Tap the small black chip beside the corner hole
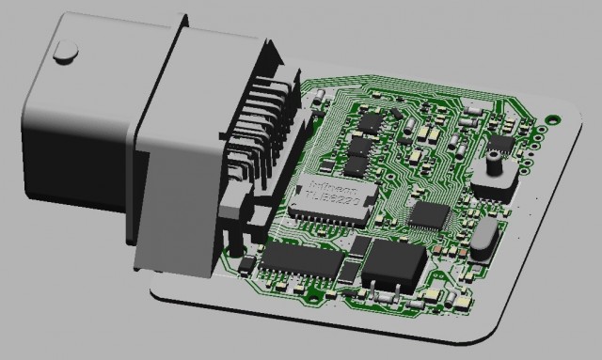[x=499, y=144]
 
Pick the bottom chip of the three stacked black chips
[x=355, y=168]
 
